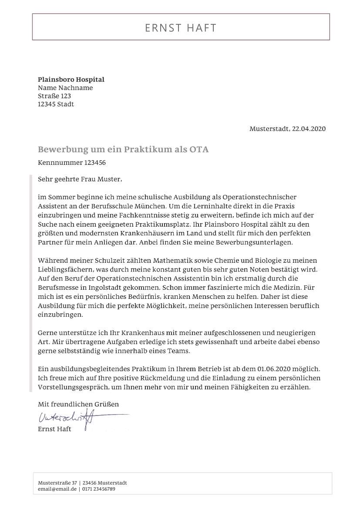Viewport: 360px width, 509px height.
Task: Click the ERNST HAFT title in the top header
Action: pyautogui.click(x=180, y=28)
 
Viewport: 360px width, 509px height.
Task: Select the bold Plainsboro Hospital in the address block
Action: pyautogui.click(x=71, y=80)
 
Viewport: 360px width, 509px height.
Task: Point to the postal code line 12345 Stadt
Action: pyautogui.click(x=56, y=104)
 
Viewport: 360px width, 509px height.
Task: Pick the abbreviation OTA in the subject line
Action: pyautogui.click(x=199, y=150)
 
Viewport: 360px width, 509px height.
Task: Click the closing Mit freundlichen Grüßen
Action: pyautogui.click(x=78, y=404)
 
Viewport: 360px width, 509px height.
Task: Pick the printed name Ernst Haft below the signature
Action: pyautogui.click(x=54, y=429)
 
